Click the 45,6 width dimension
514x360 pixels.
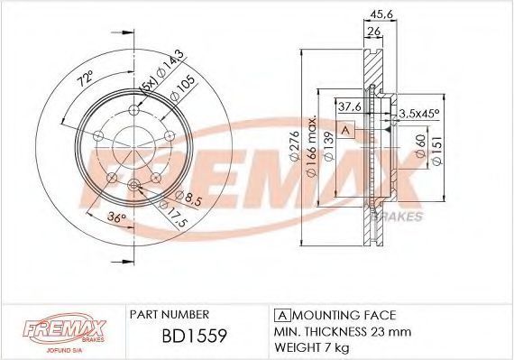point(381,14)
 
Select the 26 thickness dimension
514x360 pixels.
point(374,32)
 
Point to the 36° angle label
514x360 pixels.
point(117,217)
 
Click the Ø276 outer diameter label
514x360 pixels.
point(295,146)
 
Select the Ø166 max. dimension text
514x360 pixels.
point(311,146)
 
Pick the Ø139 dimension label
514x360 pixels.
point(328,146)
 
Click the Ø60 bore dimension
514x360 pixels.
point(420,146)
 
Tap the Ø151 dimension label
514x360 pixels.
point(437,150)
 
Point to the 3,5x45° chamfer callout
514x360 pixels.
point(418,114)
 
